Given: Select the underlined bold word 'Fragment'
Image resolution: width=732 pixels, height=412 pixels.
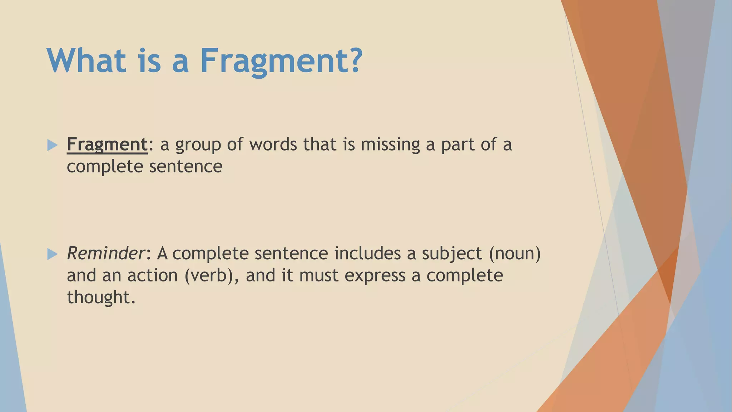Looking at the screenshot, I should (107, 144).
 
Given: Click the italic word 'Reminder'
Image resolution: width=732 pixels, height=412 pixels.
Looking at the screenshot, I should (105, 253).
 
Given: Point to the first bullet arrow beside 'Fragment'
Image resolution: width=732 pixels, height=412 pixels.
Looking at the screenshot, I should (52, 145).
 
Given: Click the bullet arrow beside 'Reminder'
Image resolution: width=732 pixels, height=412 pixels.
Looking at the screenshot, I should (52, 254).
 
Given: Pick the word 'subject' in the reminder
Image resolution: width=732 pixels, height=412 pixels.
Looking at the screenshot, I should (452, 254).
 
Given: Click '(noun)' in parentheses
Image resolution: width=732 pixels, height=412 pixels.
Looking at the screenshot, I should (515, 254).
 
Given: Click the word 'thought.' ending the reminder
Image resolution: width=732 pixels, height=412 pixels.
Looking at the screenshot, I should (102, 297).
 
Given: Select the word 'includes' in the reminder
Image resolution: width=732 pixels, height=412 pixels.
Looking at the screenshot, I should (367, 253).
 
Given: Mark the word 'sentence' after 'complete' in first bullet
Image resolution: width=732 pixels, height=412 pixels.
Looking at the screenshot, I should (186, 166).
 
